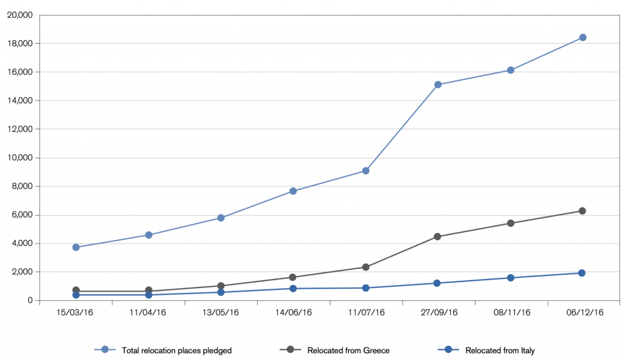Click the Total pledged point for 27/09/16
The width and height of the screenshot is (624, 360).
(438, 84)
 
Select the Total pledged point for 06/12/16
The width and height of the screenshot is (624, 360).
(583, 37)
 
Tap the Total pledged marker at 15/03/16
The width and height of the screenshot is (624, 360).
(76, 247)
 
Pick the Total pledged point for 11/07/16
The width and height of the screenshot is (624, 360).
(366, 171)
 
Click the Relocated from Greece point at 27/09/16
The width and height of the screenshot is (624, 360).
(438, 237)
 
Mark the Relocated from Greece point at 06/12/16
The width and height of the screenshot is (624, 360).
(582, 211)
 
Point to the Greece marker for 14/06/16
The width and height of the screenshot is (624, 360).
(292, 277)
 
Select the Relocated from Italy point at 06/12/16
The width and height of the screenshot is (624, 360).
(582, 273)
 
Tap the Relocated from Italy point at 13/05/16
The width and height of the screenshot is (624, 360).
(221, 292)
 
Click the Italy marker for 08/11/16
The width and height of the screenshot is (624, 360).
(511, 278)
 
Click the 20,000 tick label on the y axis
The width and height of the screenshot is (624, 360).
(20, 15)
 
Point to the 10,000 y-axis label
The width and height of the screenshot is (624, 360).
(20, 158)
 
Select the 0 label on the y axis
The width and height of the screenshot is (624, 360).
(30, 301)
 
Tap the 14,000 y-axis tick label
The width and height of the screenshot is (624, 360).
(20, 101)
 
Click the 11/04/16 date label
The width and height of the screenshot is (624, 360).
(147, 312)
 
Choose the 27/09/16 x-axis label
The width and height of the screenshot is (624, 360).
(439, 312)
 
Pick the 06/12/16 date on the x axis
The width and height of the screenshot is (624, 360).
(585, 312)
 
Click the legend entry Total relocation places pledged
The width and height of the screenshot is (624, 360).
(177, 350)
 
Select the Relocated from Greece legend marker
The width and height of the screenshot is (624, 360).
(291, 350)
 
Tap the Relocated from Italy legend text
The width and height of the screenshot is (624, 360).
(500, 350)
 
